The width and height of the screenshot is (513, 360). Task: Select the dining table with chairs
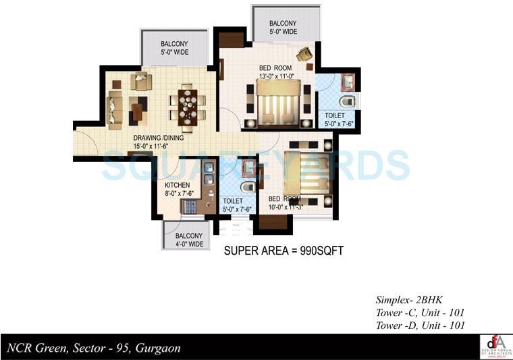click(189, 105)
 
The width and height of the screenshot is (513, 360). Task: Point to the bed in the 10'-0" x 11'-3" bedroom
click(305, 174)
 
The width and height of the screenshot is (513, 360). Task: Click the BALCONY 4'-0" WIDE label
click(184, 240)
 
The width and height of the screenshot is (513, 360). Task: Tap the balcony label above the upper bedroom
click(282, 28)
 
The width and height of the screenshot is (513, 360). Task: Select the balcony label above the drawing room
click(173, 48)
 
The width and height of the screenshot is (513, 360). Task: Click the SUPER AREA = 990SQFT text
click(284, 251)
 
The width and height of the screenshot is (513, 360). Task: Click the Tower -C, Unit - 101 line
click(420, 312)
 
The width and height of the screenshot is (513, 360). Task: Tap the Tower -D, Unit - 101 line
click(420, 325)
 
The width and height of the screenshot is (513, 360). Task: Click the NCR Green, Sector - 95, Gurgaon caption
click(93, 349)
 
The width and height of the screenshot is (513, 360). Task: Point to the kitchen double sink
click(209, 174)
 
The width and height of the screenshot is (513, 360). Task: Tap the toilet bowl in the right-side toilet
click(346, 102)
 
